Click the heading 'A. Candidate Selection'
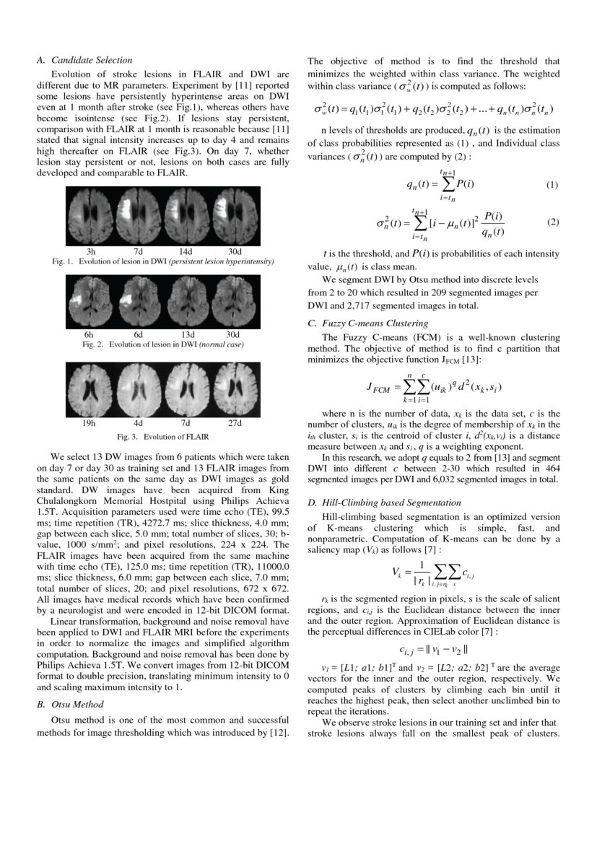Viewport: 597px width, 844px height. (x=84, y=61)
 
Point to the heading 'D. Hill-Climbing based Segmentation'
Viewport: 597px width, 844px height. (x=384, y=503)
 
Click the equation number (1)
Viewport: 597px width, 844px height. (x=552, y=185)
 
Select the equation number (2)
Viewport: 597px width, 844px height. (x=552, y=222)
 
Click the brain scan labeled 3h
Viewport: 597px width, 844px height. (x=91, y=216)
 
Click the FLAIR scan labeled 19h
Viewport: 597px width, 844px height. (x=91, y=390)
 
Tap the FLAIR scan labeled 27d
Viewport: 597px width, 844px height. (x=234, y=390)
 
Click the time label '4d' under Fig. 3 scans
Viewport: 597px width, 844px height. (x=138, y=422)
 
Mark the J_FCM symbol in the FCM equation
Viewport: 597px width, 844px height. (x=379, y=388)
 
